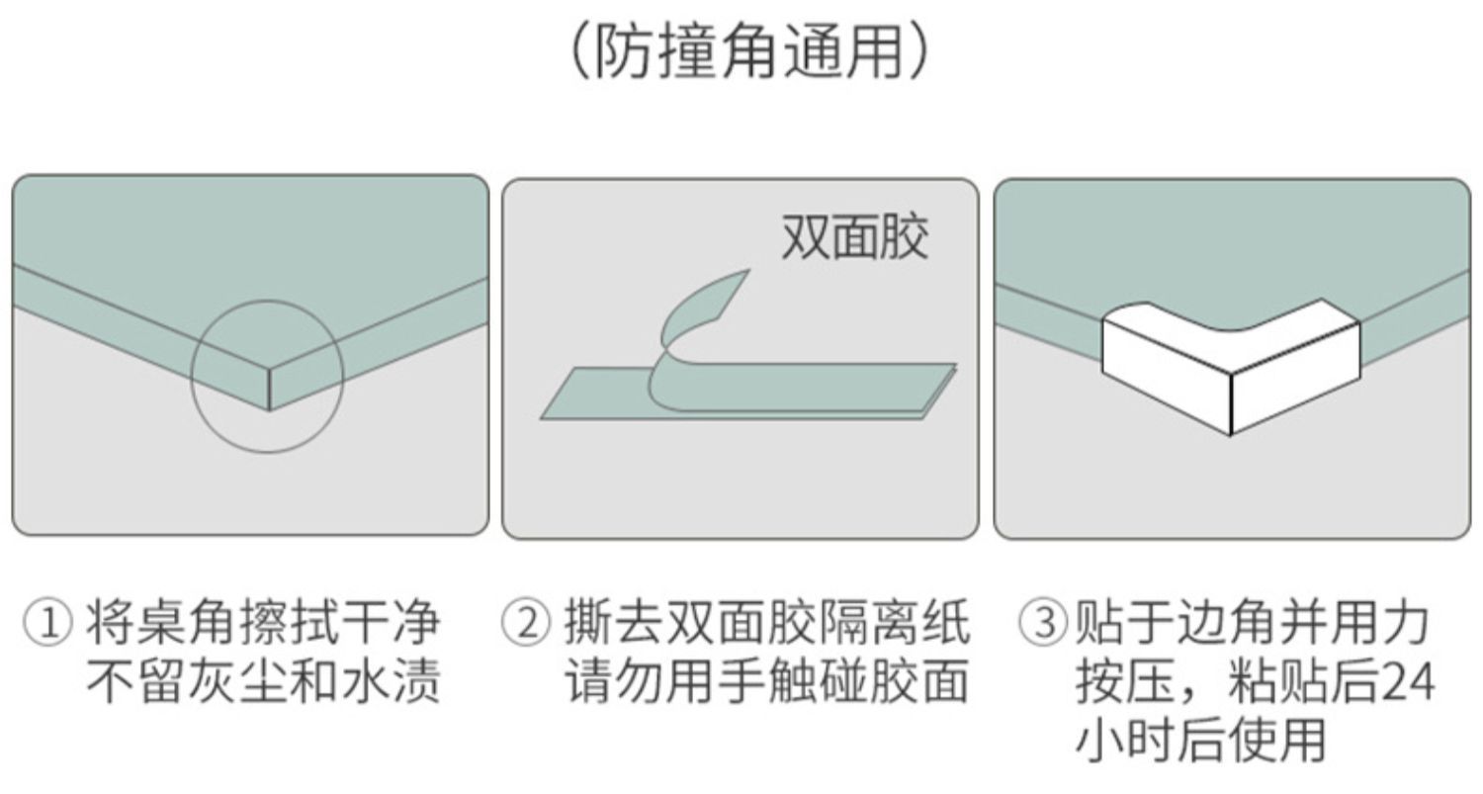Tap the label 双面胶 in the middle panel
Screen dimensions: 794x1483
[854, 238]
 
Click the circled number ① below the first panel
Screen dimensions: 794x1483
[47, 624]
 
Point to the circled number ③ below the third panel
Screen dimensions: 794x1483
[1043, 624]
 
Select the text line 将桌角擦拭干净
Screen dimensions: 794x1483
[262, 624]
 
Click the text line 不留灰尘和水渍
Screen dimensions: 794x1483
[262, 682]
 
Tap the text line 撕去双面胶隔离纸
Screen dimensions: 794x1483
[766, 624]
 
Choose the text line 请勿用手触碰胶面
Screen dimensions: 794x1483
[766, 682]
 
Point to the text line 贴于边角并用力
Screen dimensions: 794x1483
[1251, 624]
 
